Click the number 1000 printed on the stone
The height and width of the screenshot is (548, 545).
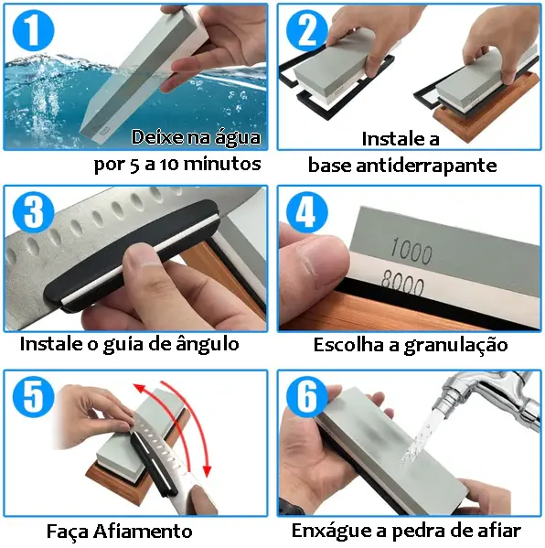click(411, 249)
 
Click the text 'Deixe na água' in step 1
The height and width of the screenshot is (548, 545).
click(196, 137)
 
